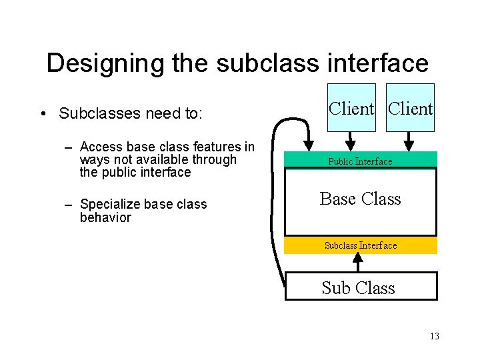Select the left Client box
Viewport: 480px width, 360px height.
351,107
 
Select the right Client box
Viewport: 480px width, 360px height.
410,107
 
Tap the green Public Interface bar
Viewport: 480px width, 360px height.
360,161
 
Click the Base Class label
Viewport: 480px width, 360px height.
360,199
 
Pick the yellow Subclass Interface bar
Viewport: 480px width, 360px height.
361,245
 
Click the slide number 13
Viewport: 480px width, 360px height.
434,336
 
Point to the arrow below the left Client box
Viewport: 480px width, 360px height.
351,141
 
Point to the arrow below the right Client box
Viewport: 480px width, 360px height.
410,141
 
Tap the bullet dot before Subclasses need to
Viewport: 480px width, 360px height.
42,114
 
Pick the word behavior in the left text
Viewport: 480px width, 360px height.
105,217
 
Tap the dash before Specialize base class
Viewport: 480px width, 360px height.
69,205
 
